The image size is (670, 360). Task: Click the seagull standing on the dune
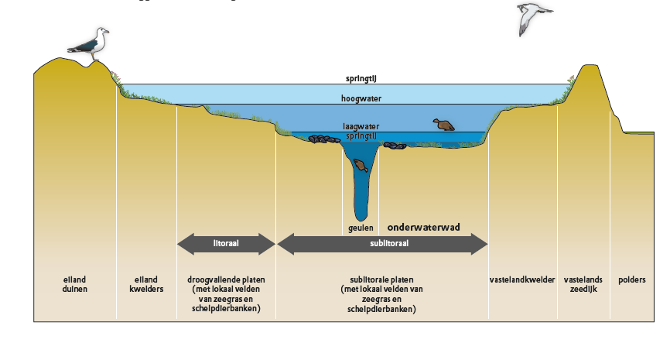pyautogui.click(x=90, y=44)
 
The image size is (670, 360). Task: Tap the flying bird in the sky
pyautogui.click(x=533, y=18)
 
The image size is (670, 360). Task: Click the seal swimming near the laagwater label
pyautogui.click(x=444, y=125)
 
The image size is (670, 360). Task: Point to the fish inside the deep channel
pyautogui.click(x=361, y=165)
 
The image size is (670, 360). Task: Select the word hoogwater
pyautogui.click(x=361, y=99)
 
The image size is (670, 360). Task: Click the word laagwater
pyautogui.click(x=361, y=126)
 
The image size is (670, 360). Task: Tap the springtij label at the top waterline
pyautogui.click(x=361, y=79)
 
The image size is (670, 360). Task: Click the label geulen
pyautogui.click(x=361, y=228)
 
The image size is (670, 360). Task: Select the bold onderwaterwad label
pyautogui.click(x=423, y=228)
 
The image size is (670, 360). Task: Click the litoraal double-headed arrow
pyautogui.click(x=226, y=244)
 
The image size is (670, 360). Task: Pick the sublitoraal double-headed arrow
pyautogui.click(x=382, y=244)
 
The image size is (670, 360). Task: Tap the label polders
pyautogui.click(x=632, y=280)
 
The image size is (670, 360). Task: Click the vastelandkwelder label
pyautogui.click(x=522, y=279)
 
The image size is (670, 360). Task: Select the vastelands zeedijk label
pyautogui.click(x=583, y=284)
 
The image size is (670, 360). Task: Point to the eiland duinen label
pyautogui.click(x=75, y=284)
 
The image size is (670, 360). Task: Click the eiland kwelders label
pyautogui.click(x=146, y=284)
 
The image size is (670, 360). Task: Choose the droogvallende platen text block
pyautogui.click(x=226, y=294)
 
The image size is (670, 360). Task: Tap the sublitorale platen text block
pyautogui.click(x=381, y=295)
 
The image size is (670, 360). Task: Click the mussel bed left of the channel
pyautogui.click(x=324, y=139)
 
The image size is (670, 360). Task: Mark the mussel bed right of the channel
pyautogui.click(x=395, y=146)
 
